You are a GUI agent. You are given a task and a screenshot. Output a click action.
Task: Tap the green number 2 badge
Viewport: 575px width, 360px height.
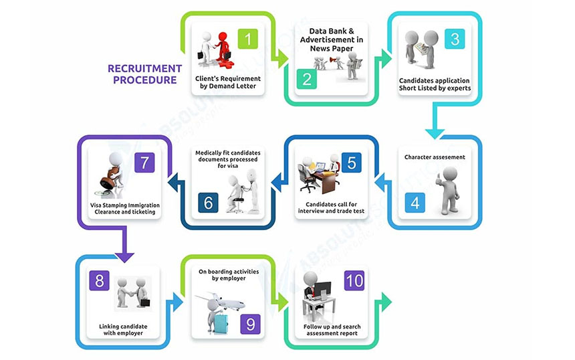point(307,80)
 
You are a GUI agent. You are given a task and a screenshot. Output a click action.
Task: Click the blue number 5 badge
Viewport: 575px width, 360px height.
point(351,162)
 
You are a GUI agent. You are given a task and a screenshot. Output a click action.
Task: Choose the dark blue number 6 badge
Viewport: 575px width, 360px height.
point(209,201)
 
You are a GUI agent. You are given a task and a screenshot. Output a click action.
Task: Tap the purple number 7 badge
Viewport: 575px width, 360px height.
point(144,162)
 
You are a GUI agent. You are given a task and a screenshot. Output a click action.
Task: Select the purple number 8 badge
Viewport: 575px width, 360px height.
point(99,280)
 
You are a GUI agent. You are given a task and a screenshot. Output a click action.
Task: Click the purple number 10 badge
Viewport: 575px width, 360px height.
point(354,280)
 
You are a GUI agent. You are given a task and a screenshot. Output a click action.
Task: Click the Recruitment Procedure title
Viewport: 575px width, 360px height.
point(144,74)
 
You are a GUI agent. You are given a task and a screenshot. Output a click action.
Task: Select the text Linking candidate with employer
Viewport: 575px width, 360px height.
point(118,331)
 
